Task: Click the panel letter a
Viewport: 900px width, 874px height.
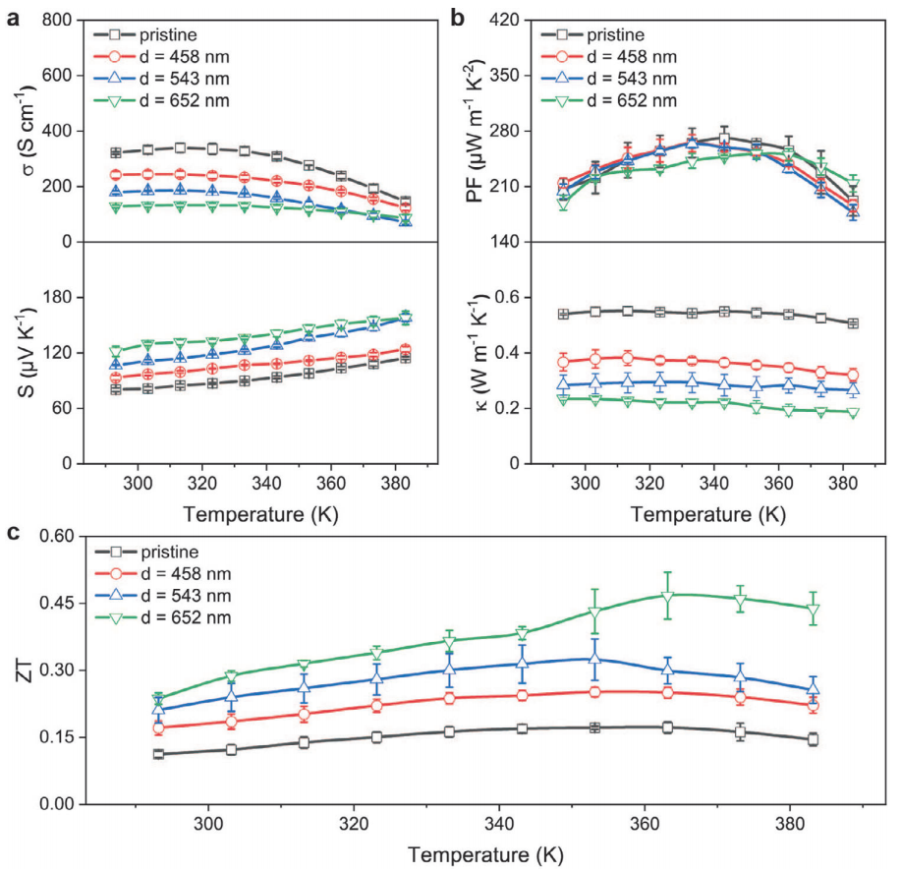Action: (11, 16)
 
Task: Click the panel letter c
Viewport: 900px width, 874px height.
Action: (11, 534)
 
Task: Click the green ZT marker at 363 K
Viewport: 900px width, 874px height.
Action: (668, 596)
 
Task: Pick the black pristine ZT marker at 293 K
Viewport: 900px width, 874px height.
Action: (158, 754)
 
